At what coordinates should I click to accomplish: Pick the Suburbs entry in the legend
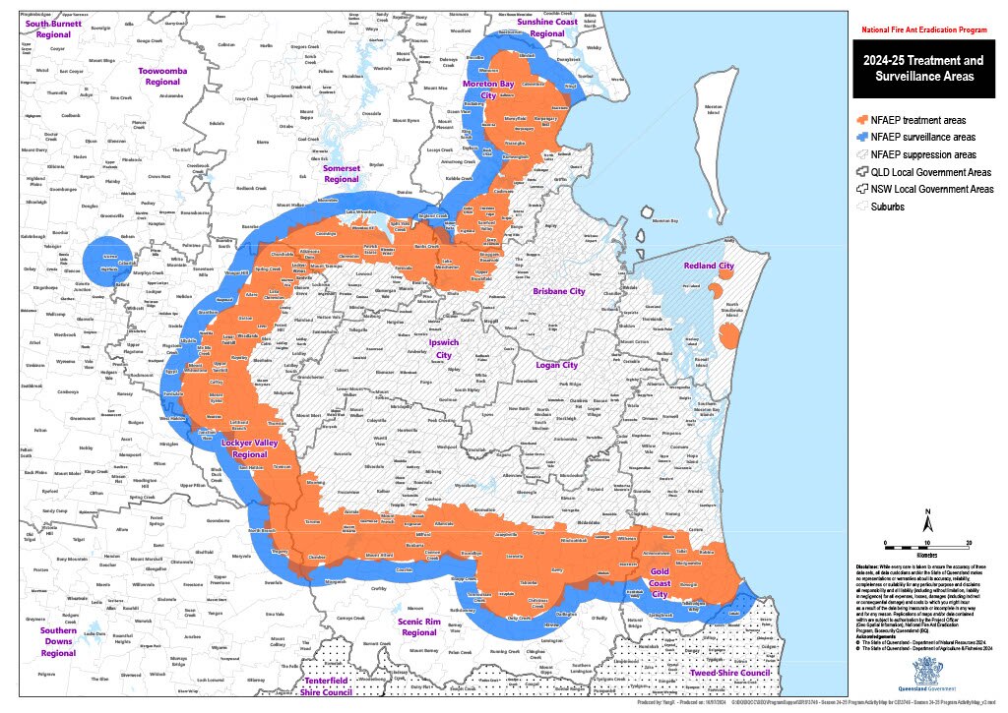pos(892,207)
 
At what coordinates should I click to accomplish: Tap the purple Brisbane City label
pos(559,292)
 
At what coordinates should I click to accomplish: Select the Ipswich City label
pos(443,349)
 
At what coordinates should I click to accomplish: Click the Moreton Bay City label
pos(489,89)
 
